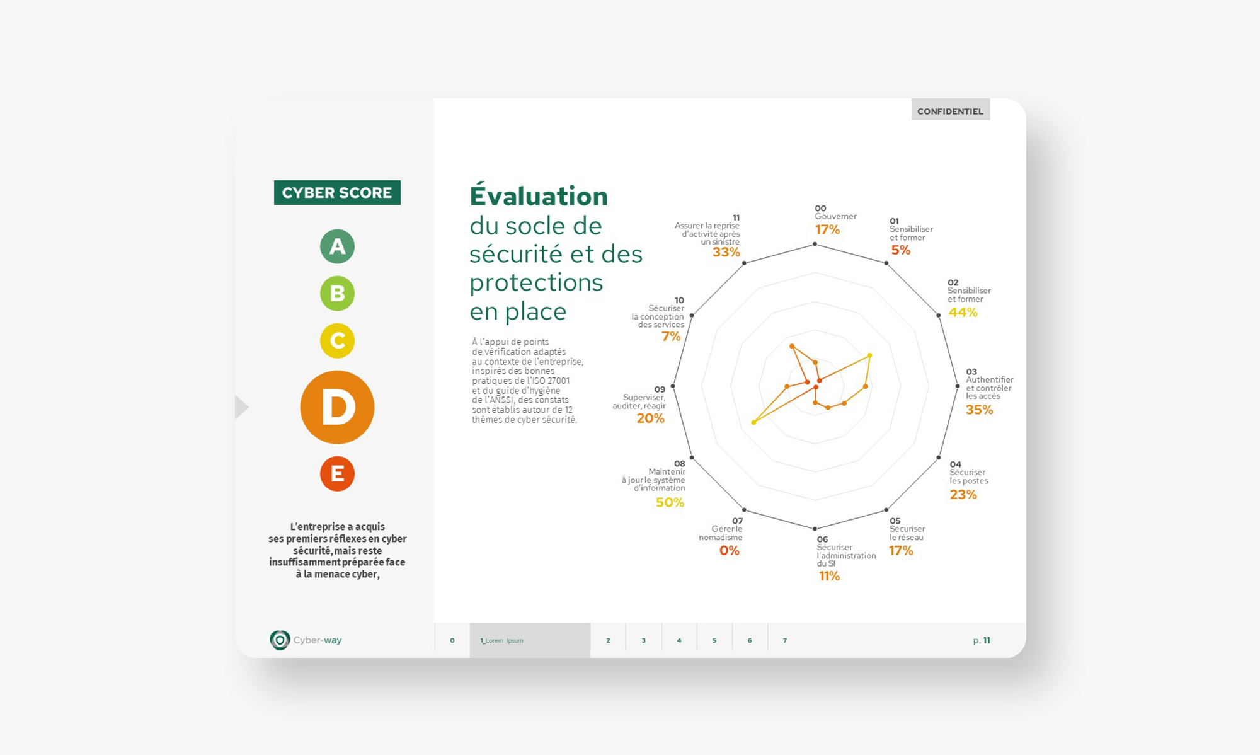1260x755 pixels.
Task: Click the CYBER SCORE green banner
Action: pos(337,192)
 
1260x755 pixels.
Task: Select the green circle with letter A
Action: pos(337,246)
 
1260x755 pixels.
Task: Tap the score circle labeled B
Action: pos(337,294)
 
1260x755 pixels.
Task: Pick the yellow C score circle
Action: pos(337,341)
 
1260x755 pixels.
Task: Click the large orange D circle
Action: pos(337,407)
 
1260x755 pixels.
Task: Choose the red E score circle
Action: pos(337,474)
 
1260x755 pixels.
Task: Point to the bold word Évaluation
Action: pos(539,195)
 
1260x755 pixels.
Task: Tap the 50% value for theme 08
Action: pos(670,502)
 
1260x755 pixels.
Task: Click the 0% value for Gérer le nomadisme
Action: pos(730,551)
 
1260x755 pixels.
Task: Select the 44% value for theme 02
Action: pos(963,313)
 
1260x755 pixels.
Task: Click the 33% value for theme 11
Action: pos(726,253)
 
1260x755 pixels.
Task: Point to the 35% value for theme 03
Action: pos(979,410)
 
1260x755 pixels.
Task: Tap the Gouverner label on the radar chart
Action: pos(835,216)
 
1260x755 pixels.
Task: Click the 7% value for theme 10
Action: pos(671,337)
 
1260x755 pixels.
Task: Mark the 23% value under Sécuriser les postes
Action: pos(963,495)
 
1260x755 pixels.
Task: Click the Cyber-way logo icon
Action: pos(280,640)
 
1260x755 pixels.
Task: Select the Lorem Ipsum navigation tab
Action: pos(530,640)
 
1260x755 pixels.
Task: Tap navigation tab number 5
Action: pos(714,640)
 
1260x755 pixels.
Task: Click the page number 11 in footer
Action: pos(987,640)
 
